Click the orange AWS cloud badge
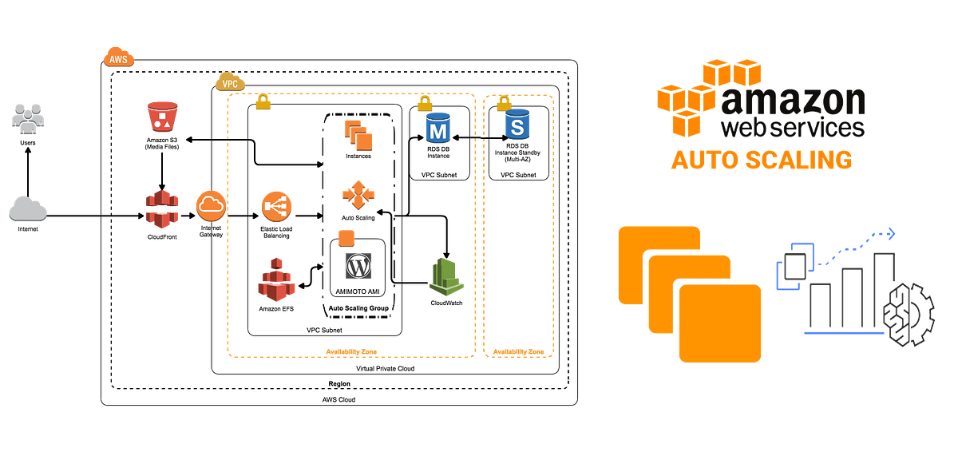coord(119,57)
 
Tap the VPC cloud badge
coord(230,81)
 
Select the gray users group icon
coord(28,117)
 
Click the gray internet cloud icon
coord(28,208)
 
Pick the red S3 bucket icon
coord(163,117)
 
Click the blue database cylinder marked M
coord(438,128)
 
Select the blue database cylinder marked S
coord(517,125)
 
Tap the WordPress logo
coord(358,266)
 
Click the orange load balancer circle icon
coord(276,206)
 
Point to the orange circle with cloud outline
coord(212,206)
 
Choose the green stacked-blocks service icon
coord(446,276)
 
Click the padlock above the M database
coord(425,103)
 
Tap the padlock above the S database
coord(503,103)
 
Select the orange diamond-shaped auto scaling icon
coord(358,194)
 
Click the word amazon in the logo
coord(793,102)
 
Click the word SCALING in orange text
coord(794,160)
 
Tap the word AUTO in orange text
coord(699,160)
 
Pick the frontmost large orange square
coord(720,323)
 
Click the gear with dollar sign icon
coord(908,313)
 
